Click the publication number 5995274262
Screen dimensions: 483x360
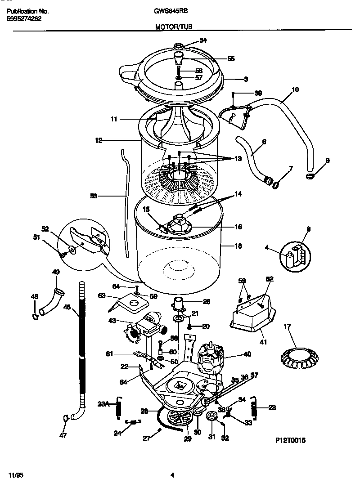tap(24, 18)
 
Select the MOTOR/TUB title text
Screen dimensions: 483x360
tap(173, 27)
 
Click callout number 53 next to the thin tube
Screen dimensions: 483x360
tap(94, 196)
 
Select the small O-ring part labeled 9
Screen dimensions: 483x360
tap(310, 176)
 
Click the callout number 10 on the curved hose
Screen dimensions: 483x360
tap(295, 89)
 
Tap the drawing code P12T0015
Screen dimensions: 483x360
tap(291, 440)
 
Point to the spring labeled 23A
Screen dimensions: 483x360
tap(120, 408)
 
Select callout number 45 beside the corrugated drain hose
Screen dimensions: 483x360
tap(67, 308)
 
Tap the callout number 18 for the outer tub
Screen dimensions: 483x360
tap(238, 246)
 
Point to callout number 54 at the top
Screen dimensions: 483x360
tap(203, 40)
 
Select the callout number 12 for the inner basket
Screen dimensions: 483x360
tap(99, 140)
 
